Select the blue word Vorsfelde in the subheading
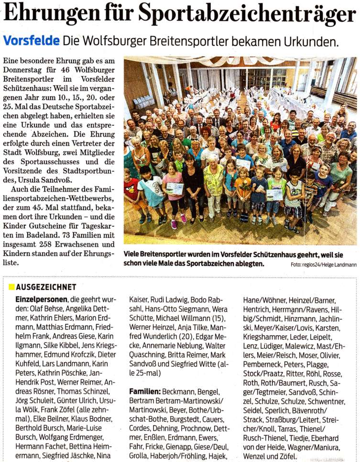point(31,41)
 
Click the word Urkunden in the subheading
point(312,41)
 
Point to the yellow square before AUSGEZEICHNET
point(11,287)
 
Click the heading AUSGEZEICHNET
point(46,287)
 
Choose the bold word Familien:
point(145,391)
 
